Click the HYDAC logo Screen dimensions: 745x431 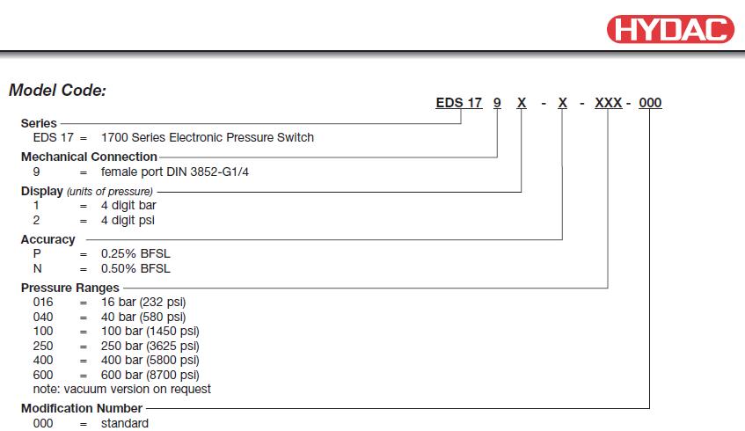(x=670, y=29)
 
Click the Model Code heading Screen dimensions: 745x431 (x=57, y=91)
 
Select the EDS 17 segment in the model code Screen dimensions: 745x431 (x=458, y=103)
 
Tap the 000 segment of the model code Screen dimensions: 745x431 (x=650, y=103)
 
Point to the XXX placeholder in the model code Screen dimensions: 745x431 (x=608, y=103)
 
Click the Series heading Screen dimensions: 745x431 (x=39, y=123)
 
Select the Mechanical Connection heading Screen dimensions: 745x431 (x=89, y=157)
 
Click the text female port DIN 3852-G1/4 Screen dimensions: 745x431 (x=175, y=172)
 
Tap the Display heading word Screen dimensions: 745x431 (x=42, y=191)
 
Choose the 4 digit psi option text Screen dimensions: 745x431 (x=128, y=220)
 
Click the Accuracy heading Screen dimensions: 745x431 (x=48, y=239)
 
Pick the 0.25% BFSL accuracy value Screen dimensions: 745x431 (x=135, y=253)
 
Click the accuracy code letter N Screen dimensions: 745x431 (x=38, y=268)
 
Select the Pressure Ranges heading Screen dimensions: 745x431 (x=69, y=288)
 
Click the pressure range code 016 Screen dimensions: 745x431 (x=43, y=303)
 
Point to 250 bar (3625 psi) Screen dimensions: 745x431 (x=150, y=346)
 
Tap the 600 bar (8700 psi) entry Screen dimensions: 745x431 (x=150, y=375)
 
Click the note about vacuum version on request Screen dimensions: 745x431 (x=122, y=389)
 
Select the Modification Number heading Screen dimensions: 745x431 (x=82, y=408)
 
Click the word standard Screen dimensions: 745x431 (x=125, y=423)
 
